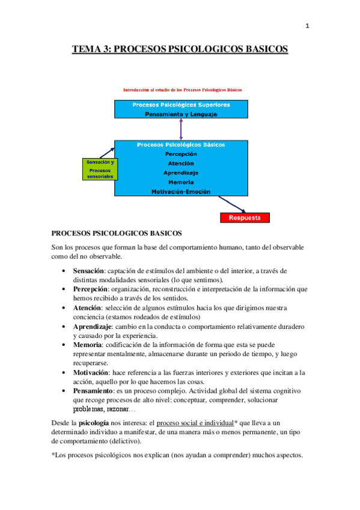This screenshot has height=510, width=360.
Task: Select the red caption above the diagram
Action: [x=182, y=90]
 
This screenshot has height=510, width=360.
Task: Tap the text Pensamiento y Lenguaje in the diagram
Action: [x=181, y=114]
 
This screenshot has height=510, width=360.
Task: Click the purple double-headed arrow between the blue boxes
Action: [x=180, y=130]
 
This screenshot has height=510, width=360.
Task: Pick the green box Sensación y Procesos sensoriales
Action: [x=100, y=170]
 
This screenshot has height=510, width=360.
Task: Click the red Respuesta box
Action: [x=245, y=218]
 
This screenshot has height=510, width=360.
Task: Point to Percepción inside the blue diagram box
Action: [x=181, y=154]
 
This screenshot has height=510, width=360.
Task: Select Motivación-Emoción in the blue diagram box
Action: [x=181, y=191]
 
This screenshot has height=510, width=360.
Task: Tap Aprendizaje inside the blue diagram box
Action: [x=181, y=173]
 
